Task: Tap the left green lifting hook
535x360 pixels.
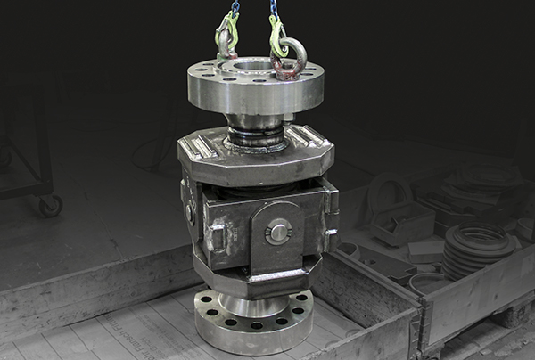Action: [x=226, y=36]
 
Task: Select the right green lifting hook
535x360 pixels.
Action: [x=277, y=37]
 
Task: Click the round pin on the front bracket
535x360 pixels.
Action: [x=278, y=232]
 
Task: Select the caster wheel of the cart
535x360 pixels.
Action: [x=49, y=206]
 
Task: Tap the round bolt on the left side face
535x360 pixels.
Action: [x=190, y=214]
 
